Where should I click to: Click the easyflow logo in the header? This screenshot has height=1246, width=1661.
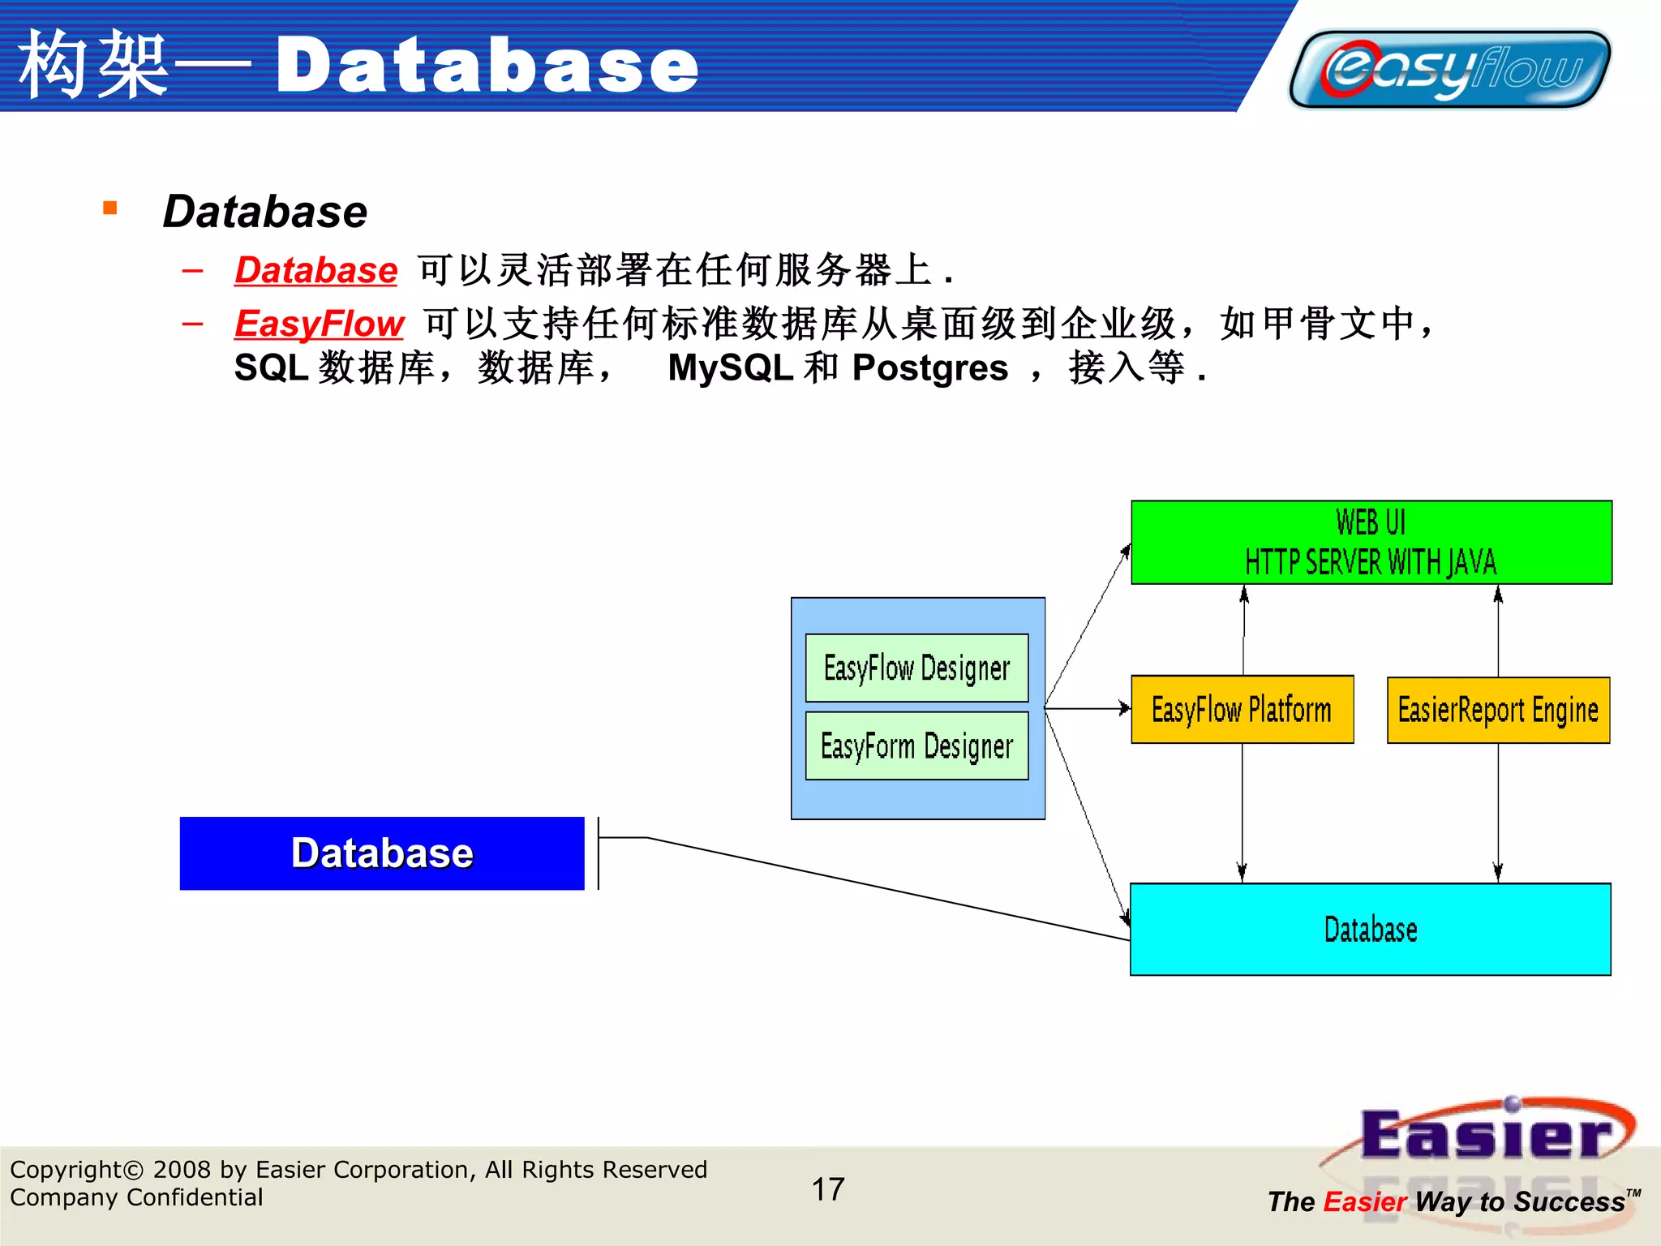(x=1449, y=69)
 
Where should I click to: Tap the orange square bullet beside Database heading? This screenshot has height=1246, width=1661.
(x=110, y=208)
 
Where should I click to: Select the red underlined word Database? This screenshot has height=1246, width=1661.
(x=316, y=270)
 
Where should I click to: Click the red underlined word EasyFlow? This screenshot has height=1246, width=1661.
(x=319, y=324)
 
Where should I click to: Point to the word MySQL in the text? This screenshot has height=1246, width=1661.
(x=730, y=368)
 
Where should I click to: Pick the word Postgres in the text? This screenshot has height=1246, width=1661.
(x=930, y=368)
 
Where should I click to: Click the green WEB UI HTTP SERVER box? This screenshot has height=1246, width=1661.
(x=1371, y=542)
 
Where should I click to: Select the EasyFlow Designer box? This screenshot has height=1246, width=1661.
(x=916, y=668)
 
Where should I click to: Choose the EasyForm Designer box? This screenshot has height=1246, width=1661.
(x=916, y=745)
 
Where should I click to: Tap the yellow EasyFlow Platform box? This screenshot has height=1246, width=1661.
(x=1242, y=710)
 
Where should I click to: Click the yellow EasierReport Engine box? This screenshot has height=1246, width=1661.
(x=1498, y=710)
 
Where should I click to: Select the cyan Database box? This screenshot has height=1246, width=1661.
(x=1370, y=929)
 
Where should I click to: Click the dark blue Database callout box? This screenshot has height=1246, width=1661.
(x=382, y=853)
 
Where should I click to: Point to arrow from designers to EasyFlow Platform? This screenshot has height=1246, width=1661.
(x=1087, y=709)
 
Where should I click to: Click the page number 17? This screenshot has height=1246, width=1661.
(x=828, y=1189)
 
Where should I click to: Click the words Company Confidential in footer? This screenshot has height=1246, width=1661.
(x=136, y=1197)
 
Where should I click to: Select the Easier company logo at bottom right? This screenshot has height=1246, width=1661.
(x=1484, y=1136)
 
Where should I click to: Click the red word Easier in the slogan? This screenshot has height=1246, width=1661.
(x=1365, y=1201)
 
